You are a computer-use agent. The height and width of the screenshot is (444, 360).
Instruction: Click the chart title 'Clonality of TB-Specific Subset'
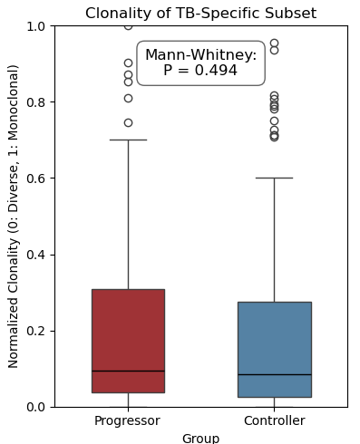click(200, 14)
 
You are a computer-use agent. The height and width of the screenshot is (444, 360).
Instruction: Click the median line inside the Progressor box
click(128, 371)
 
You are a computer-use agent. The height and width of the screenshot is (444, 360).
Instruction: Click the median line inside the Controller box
click(274, 374)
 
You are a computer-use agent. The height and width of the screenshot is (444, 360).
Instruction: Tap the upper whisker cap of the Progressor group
click(128, 140)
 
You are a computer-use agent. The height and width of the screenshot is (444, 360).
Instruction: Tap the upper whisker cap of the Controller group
click(274, 178)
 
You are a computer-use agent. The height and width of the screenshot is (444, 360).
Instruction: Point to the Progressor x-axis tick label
click(128, 420)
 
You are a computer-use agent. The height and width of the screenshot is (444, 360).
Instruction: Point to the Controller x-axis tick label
click(274, 420)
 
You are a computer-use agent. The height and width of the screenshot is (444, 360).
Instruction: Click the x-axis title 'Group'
click(200, 438)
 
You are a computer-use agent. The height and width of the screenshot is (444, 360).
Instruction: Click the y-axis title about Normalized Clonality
click(14, 216)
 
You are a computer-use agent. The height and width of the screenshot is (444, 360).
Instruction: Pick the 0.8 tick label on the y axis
click(35, 102)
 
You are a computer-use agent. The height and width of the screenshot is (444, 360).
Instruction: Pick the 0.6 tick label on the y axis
click(35, 179)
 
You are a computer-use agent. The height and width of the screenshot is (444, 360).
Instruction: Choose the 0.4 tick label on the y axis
click(35, 255)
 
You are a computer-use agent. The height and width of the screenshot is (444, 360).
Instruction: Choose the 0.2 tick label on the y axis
click(35, 331)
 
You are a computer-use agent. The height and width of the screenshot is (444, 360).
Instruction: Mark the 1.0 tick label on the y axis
click(35, 26)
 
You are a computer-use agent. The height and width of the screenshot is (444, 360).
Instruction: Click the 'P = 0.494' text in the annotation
click(200, 71)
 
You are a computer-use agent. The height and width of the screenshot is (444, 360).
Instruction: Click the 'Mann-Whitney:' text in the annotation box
click(200, 55)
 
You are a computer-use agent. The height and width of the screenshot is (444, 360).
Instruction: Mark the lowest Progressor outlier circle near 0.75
click(128, 122)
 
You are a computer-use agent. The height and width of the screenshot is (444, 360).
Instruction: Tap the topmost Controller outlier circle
click(274, 43)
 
